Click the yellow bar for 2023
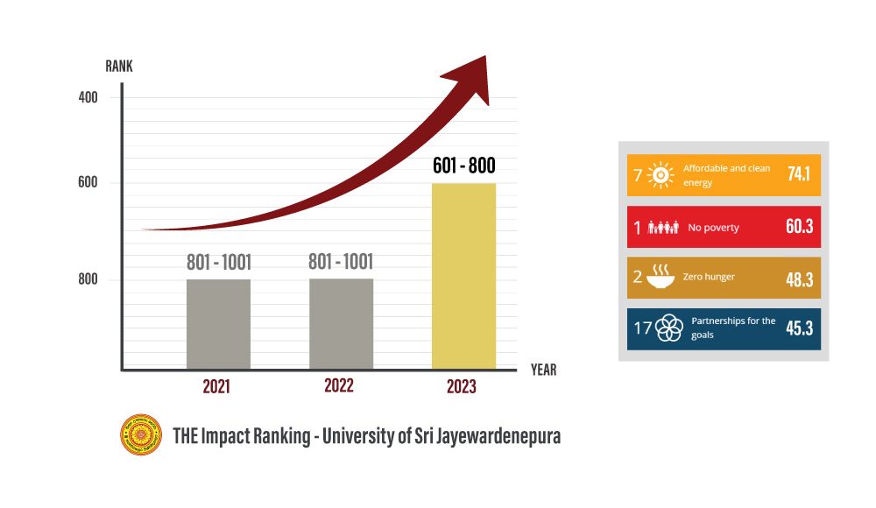(x=464, y=276)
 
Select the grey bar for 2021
(x=218, y=324)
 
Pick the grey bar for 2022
(x=341, y=324)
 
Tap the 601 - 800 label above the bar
(x=464, y=166)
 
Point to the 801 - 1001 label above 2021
(x=218, y=262)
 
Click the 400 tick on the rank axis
(x=88, y=97)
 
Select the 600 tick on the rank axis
(x=88, y=182)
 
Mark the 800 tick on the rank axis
(x=88, y=279)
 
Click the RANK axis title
(x=119, y=67)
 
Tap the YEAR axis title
(x=543, y=370)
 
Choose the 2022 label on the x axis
(x=340, y=386)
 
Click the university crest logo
(x=141, y=434)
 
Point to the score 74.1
(x=798, y=174)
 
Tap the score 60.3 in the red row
(x=799, y=227)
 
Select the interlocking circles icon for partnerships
(x=669, y=328)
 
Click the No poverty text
(x=713, y=228)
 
